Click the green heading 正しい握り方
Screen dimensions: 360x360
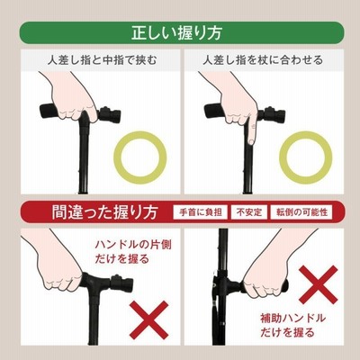(176, 33)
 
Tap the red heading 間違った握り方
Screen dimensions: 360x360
(104, 212)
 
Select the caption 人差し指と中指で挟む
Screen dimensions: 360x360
(102, 60)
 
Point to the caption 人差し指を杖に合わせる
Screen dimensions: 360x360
(263, 60)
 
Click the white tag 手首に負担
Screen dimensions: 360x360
(201, 212)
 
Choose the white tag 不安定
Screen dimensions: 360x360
(249, 212)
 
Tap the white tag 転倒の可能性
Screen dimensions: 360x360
(301, 212)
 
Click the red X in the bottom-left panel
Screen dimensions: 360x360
(148, 320)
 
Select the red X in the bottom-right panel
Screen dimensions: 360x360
(319, 284)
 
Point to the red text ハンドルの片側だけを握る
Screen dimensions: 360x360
(133, 251)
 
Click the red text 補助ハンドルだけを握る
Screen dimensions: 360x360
(292, 325)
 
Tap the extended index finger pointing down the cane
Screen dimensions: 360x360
(251, 128)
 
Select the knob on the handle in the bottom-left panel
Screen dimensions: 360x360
(121, 283)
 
